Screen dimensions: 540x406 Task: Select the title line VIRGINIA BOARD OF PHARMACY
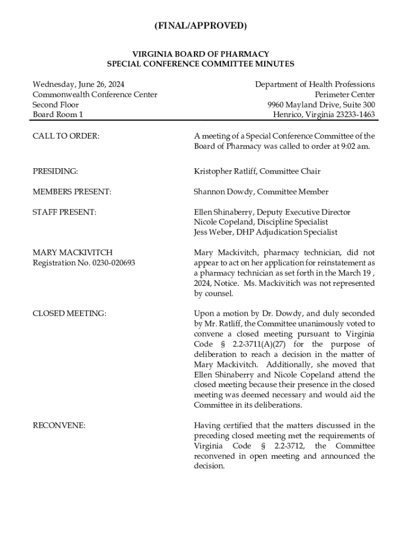click(x=200, y=54)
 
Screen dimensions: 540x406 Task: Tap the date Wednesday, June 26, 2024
click(x=79, y=84)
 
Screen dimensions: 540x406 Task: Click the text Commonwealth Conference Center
click(x=95, y=94)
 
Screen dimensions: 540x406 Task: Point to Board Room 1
click(x=58, y=114)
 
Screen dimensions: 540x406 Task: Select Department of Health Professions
click(x=315, y=84)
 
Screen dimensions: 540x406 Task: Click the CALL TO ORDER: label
click(x=66, y=136)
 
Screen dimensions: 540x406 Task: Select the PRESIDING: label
click(x=55, y=171)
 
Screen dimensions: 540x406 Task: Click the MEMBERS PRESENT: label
click(x=72, y=192)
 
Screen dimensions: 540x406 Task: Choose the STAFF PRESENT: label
click(x=64, y=212)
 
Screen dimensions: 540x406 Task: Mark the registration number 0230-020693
click(x=111, y=263)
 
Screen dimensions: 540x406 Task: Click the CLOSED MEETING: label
click(x=69, y=313)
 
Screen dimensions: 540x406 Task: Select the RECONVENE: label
click(x=59, y=425)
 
